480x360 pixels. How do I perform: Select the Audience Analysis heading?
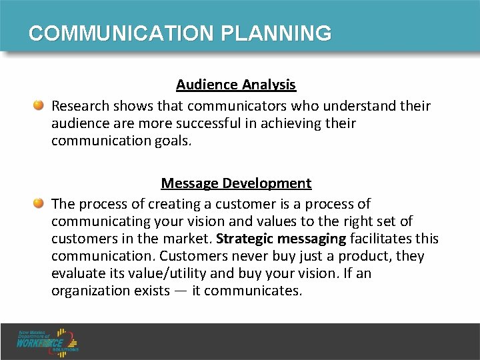pyautogui.click(x=236, y=85)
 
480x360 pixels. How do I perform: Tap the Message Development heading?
pyautogui.click(x=236, y=183)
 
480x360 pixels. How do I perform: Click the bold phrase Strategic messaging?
pyautogui.click(x=281, y=239)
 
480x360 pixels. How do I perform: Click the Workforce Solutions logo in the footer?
pyautogui.click(x=49, y=341)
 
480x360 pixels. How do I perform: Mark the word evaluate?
pyautogui.click(x=77, y=273)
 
